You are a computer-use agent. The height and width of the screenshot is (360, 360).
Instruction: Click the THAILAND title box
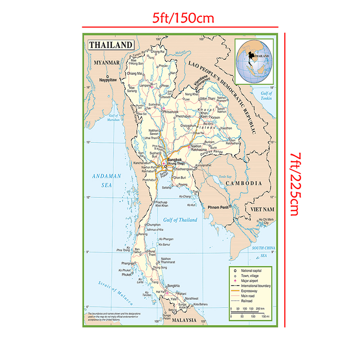(x=111, y=45)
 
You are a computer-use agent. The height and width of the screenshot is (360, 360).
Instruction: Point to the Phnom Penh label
(x=218, y=207)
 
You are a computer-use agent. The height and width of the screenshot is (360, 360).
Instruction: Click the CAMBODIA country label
(x=243, y=184)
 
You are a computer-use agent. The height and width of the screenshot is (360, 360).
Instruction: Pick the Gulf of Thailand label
(x=180, y=220)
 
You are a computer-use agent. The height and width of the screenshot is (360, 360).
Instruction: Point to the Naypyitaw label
(x=108, y=80)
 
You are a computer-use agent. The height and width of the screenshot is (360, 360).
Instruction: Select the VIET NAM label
(x=262, y=210)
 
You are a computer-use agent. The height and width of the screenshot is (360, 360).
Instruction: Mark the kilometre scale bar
(x=246, y=312)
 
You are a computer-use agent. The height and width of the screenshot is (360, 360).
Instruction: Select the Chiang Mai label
(x=135, y=73)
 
